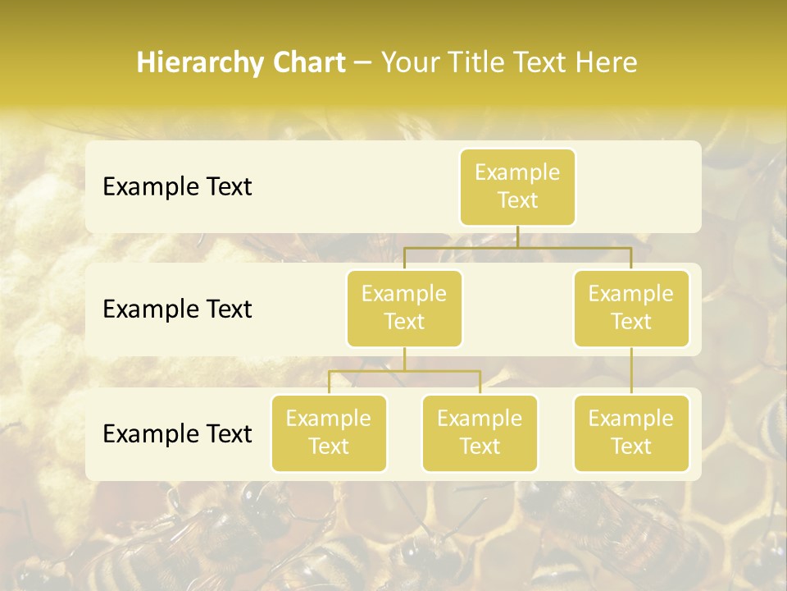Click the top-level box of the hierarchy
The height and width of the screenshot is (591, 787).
click(x=517, y=187)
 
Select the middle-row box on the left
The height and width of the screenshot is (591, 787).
click(x=404, y=309)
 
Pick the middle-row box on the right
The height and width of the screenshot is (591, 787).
click(x=631, y=309)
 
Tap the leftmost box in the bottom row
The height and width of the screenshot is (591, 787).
click(x=329, y=433)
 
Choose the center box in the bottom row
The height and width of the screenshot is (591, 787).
click(x=480, y=433)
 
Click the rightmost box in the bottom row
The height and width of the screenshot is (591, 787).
click(x=631, y=433)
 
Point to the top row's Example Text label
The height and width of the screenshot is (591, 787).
click(x=177, y=187)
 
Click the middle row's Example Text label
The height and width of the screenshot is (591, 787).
click(x=177, y=309)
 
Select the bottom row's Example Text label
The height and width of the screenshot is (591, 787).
click(x=177, y=433)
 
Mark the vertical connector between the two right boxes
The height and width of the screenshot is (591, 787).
click(x=631, y=371)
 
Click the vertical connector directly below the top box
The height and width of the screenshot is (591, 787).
click(x=517, y=236)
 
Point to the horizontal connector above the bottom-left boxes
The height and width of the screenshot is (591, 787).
click(x=404, y=371)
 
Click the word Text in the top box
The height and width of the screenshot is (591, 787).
click(x=517, y=200)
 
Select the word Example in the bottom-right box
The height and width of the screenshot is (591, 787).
click(x=631, y=419)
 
